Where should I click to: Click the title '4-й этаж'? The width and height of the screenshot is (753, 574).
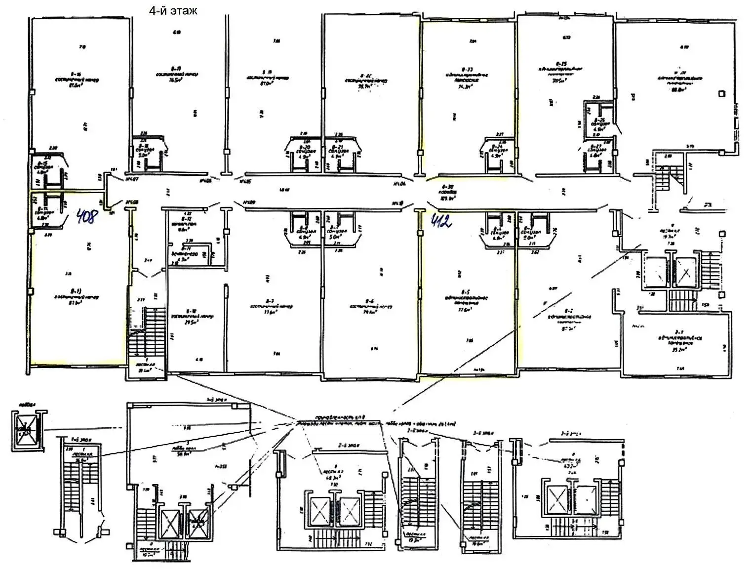point(173,10)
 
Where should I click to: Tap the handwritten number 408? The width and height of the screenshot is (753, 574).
point(87,216)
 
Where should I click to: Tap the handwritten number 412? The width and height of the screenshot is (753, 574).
point(441,221)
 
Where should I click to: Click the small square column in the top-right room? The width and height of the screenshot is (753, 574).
point(721,92)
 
